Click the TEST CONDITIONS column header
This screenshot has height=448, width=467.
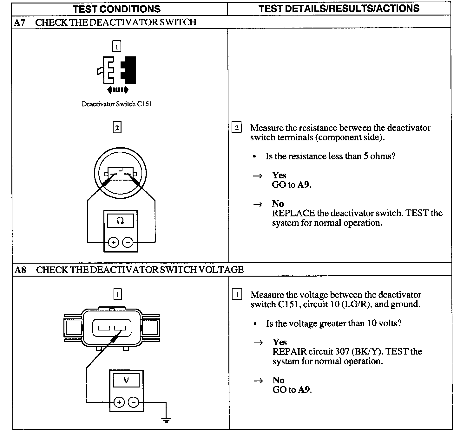coord(116,9)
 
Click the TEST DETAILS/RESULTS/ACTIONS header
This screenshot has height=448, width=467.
coord(339,9)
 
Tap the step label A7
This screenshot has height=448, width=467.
coord(20,22)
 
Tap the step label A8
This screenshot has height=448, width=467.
coord(21,270)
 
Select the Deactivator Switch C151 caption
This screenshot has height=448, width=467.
coord(116,104)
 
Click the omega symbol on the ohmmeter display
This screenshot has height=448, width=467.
coord(120,221)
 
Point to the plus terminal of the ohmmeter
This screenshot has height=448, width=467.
coord(113,243)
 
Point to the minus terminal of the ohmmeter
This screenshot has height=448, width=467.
coord(128,243)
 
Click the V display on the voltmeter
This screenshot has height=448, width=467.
coord(126,380)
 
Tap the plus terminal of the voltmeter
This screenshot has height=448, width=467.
coord(119,402)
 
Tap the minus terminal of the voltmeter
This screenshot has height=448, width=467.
coord(133,402)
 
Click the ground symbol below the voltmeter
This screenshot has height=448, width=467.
coord(166,420)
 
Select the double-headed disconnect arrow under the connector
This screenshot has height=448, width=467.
coord(118,90)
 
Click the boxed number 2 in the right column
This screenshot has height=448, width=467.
coord(237,128)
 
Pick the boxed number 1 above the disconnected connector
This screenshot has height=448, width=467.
coord(116,47)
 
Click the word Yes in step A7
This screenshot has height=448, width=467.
coord(279,175)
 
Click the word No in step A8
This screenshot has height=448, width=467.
coord(278,380)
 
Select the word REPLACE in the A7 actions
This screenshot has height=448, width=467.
coord(293,213)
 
